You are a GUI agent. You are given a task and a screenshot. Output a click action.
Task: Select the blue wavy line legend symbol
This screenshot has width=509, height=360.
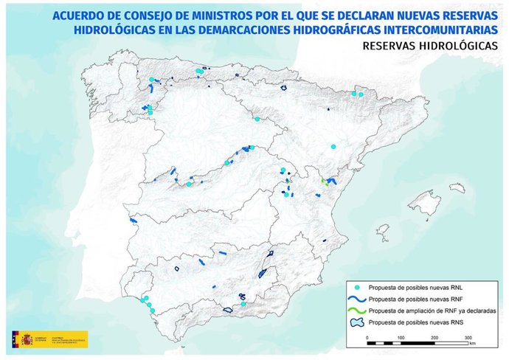coord(356,299)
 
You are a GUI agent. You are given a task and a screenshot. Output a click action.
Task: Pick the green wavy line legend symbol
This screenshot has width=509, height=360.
coord(356,311)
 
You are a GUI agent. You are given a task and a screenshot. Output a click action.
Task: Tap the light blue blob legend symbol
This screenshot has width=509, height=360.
coord(356,322)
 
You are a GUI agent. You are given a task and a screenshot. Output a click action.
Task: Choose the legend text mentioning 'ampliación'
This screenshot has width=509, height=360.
coord(431,311)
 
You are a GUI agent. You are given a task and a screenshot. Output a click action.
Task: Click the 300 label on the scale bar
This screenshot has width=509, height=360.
coord(468,337)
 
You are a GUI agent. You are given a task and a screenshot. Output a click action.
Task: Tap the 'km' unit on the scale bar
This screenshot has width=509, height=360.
coord(471,344)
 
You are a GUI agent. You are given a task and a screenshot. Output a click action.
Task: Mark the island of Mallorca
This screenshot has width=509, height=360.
coord(423,201)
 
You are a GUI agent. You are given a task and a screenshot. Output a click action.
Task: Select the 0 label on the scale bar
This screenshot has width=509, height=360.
coord(367,337)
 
